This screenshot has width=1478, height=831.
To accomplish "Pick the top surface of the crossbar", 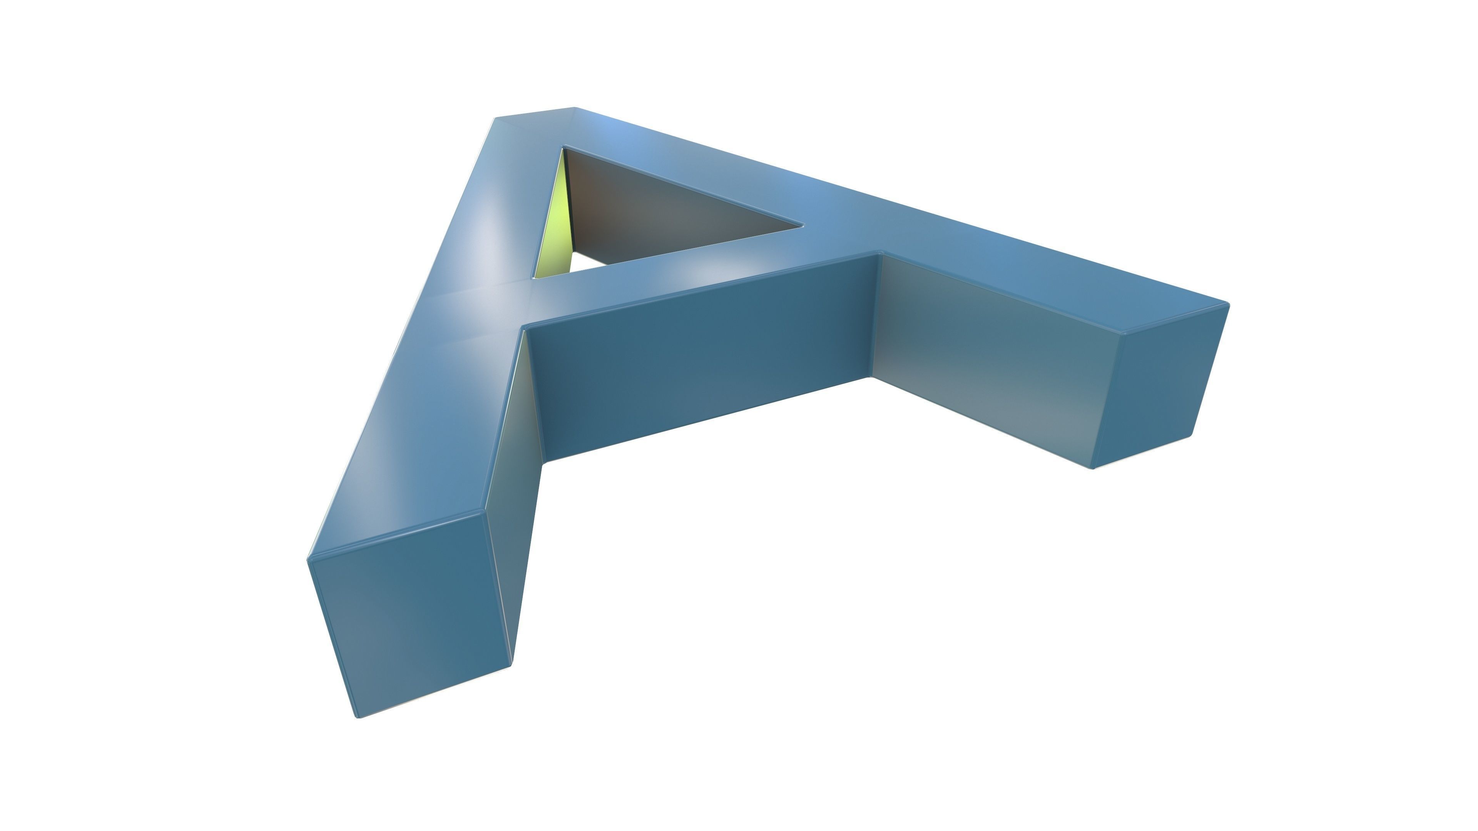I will (x=689, y=275).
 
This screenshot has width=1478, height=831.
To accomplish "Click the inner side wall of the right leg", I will (x=987, y=350).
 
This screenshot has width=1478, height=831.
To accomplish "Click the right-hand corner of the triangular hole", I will (x=802, y=225).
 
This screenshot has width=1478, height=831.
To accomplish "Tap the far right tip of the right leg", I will (x=1229, y=304).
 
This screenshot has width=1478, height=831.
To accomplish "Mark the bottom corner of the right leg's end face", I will (x=1093, y=467).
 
